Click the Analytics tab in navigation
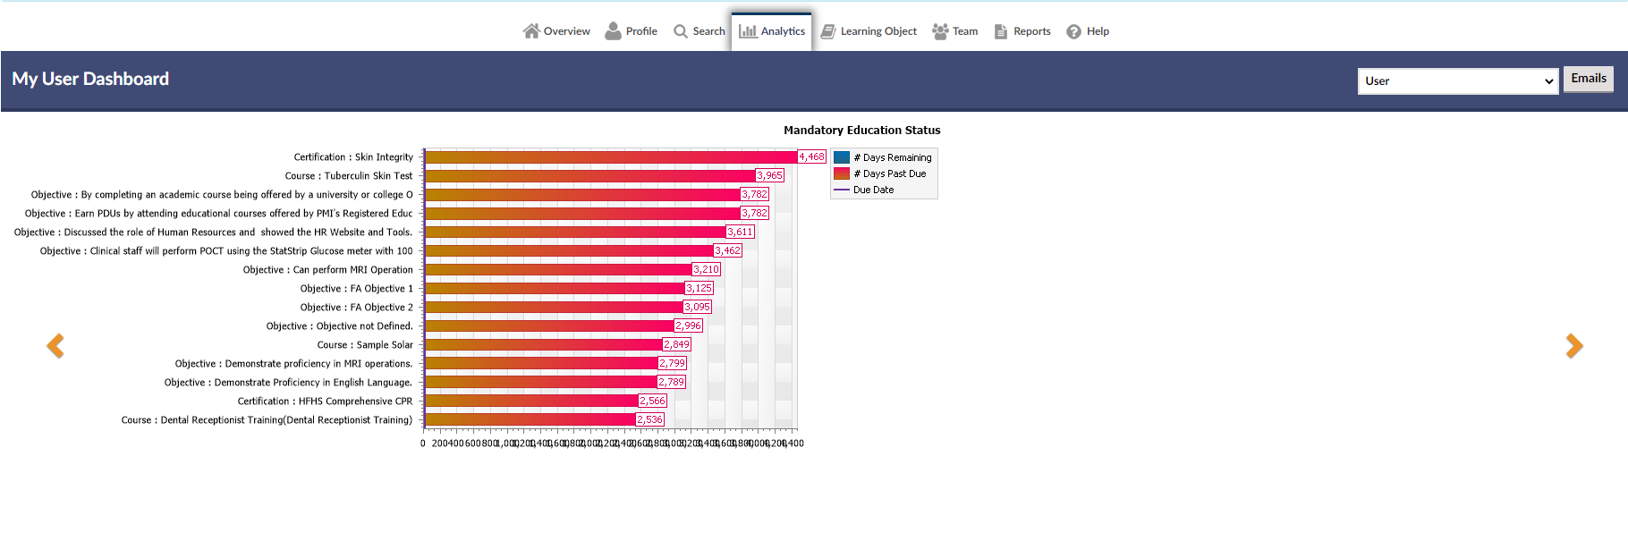[772, 31]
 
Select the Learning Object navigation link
[869, 31]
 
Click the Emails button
[1588, 79]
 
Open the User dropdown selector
[1458, 81]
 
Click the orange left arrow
[55, 346]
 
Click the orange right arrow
[1574, 346]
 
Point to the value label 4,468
[811, 156]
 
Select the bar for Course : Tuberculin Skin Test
[590, 176]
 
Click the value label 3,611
[740, 232]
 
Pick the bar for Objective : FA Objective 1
[555, 288]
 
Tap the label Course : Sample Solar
[365, 345]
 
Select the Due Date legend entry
[873, 190]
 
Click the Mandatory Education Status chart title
[861, 131]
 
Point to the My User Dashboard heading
[90, 79]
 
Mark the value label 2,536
[649, 419]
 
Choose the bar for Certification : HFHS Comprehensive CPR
[531, 401]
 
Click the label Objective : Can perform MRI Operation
[327, 270]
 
